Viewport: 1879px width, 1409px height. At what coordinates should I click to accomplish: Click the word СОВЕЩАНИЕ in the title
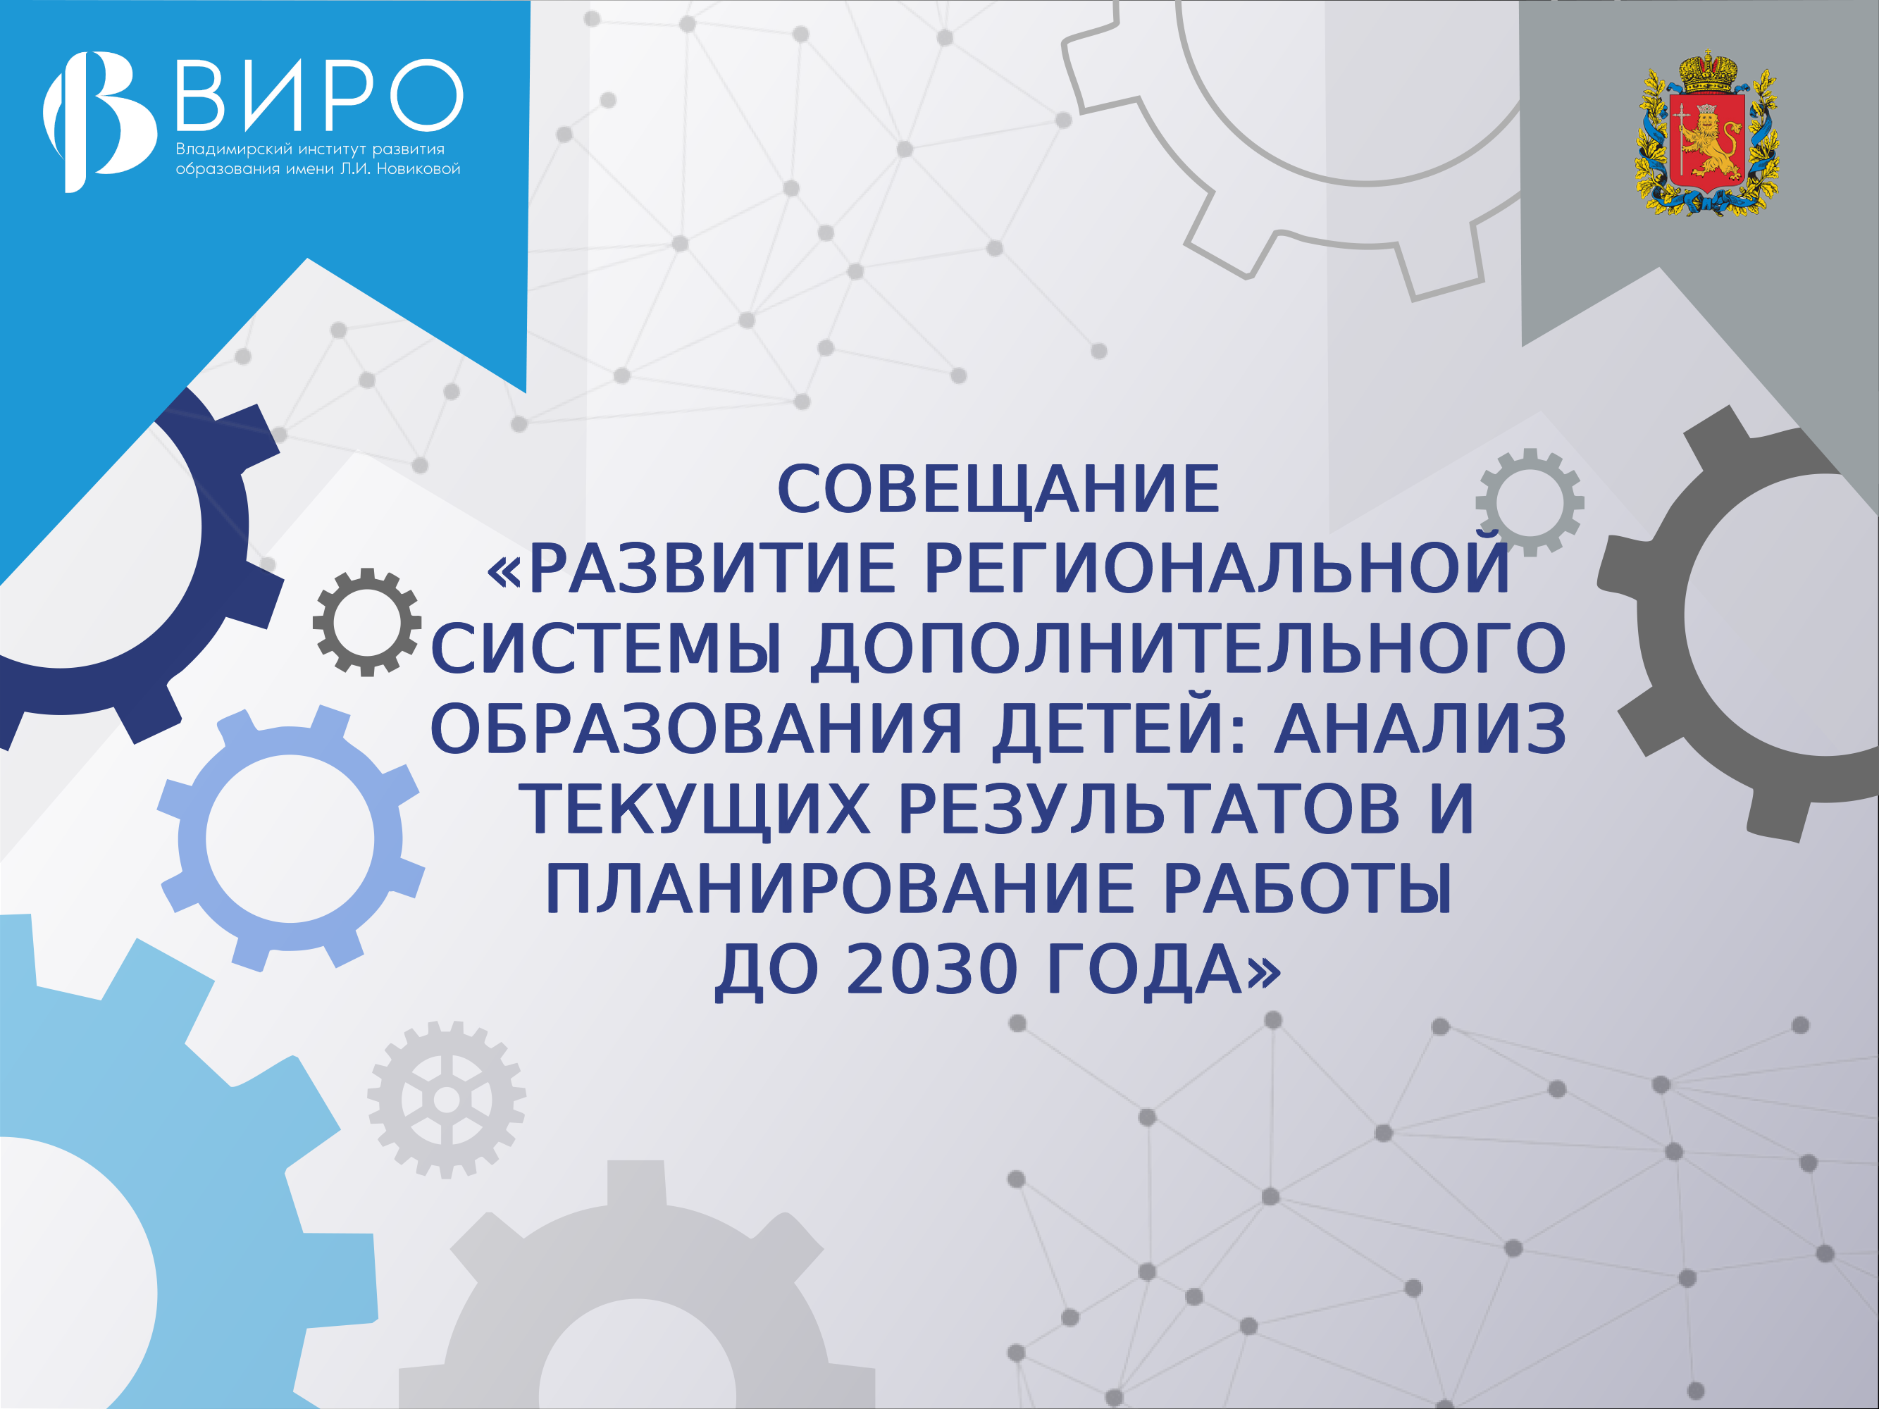pos(998,490)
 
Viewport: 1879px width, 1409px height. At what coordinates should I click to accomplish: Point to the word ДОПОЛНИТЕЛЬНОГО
pos(1188,649)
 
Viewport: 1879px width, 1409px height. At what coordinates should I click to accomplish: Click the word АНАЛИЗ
pos(1420,728)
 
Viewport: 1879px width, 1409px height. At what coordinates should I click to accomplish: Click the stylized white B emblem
pos(99,121)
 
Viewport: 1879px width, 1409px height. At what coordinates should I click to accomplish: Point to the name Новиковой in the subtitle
pos(418,169)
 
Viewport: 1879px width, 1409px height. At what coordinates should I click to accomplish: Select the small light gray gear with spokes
pos(447,1100)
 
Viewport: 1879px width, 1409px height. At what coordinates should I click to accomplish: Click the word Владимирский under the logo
pos(234,149)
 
